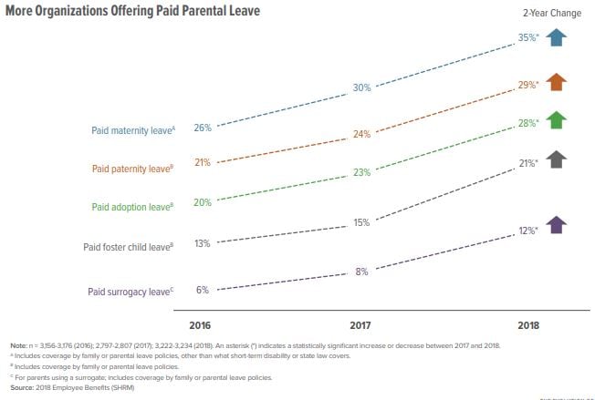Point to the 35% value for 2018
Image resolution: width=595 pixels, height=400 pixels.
(x=525, y=39)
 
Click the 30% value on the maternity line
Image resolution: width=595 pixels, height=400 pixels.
(x=362, y=88)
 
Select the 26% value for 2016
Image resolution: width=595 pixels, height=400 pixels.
(x=203, y=128)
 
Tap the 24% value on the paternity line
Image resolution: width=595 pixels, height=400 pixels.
(x=362, y=134)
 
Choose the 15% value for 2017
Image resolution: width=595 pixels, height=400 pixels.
(x=362, y=222)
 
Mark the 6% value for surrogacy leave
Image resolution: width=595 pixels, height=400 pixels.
(x=203, y=290)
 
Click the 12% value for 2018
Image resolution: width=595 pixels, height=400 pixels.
(x=525, y=231)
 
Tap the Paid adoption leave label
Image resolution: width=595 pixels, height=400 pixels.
(x=133, y=207)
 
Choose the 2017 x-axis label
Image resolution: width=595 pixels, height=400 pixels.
(x=362, y=325)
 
